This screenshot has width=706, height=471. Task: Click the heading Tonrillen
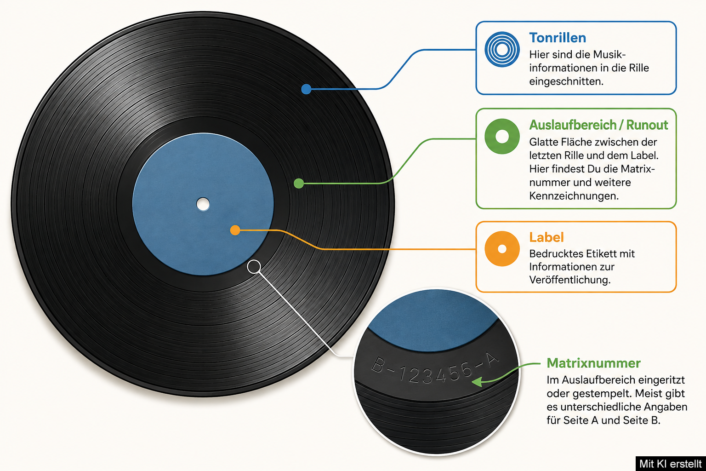point(558,38)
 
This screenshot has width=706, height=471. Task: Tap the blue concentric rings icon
point(502,49)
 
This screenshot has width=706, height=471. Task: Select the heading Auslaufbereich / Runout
point(598,125)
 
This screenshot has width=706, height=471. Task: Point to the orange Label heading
point(546,237)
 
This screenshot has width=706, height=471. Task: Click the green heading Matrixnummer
point(593,363)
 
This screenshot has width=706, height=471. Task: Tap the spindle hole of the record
point(203,204)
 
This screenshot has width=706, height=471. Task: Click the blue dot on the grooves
point(306,89)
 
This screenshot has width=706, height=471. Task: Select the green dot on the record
point(298,183)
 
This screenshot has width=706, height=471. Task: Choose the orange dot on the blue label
point(235,230)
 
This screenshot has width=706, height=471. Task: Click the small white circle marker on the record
point(254,267)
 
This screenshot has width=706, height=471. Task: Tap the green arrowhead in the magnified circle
point(477,382)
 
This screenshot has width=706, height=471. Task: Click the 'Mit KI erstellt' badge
point(671,464)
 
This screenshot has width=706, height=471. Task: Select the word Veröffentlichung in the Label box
point(570,280)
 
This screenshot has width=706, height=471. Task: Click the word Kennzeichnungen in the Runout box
point(574,196)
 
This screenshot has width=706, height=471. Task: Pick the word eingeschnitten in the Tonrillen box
point(566,81)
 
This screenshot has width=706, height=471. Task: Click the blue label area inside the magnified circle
point(433,319)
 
